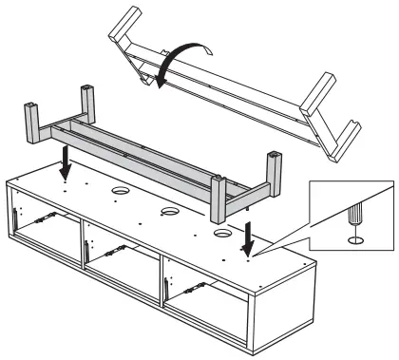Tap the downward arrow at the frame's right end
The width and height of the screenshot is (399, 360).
coord(249,236)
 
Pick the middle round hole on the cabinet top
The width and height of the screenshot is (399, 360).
coord(168,211)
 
